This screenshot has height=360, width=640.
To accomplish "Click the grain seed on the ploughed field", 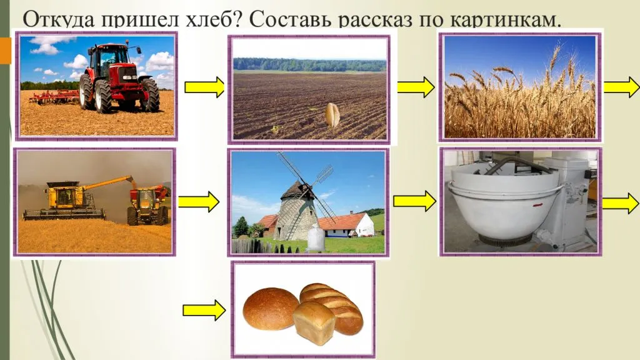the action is pos(333,114).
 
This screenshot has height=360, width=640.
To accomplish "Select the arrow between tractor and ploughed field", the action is pos(204,87).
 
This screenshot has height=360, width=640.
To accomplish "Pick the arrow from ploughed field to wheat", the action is pos(415,87).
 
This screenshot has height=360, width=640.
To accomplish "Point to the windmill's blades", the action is pos(305,184).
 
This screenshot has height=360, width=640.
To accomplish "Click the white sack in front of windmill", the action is pos(316,238).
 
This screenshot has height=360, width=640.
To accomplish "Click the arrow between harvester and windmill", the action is pos(199,202).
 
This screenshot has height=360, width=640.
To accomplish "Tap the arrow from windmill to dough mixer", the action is pos(414,201).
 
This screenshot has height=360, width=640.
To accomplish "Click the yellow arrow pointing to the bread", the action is pos(204,311).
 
